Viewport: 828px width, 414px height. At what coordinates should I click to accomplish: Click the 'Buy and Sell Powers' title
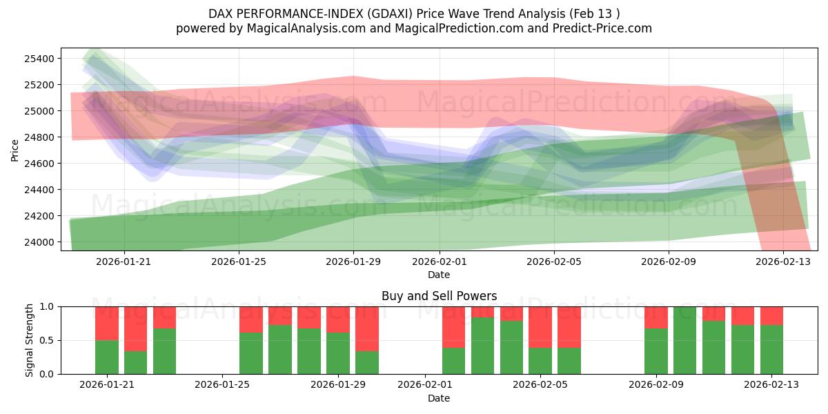click(439, 296)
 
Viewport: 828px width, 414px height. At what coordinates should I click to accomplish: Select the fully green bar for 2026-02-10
click(684, 340)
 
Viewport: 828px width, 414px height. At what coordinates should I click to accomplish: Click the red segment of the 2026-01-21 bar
click(107, 323)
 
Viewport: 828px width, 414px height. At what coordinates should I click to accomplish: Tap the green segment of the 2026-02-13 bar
click(771, 350)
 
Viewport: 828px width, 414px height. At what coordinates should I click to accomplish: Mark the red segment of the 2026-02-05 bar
click(540, 327)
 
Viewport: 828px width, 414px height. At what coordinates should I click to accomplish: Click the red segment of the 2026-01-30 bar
click(367, 328)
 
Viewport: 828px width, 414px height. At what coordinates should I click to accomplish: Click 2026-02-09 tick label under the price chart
click(668, 262)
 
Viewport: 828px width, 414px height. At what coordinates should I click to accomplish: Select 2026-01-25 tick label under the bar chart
click(223, 385)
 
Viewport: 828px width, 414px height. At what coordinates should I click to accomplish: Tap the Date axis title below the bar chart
click(439, 398)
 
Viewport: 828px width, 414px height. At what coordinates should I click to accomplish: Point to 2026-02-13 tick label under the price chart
click(783, 262)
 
